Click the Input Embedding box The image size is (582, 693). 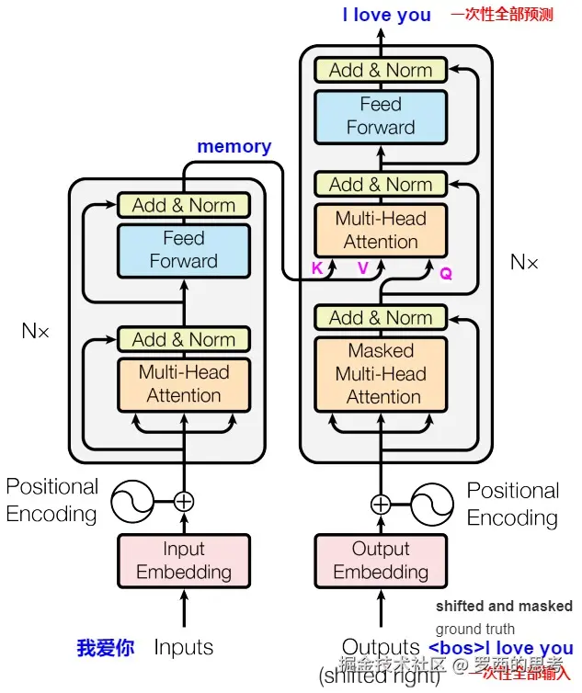[184, 561]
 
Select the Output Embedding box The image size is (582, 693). [381, 561]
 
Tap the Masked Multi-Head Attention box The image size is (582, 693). [381, 374]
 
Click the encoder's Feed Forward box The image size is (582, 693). [184, 250]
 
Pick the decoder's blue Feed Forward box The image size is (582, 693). [381, 116]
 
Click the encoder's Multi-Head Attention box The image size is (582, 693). [184, 384]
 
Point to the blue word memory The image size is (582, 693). [234, 146]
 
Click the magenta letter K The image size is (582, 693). [317, 269]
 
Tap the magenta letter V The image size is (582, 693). [362, 269]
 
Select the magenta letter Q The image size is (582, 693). [446, 273]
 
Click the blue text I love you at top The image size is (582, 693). [386, 15]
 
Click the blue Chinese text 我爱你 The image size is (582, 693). [106, 648]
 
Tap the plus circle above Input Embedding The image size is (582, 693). [184, 502]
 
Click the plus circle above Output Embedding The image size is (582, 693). [381, 504]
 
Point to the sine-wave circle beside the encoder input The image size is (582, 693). [131, 502]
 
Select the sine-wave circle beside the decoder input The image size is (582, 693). [433, 504]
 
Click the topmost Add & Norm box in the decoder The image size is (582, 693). [381, 70]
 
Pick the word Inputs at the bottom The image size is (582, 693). [184, 648]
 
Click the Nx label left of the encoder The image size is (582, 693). [35, 331]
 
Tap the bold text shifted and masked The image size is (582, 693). [504, 607]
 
